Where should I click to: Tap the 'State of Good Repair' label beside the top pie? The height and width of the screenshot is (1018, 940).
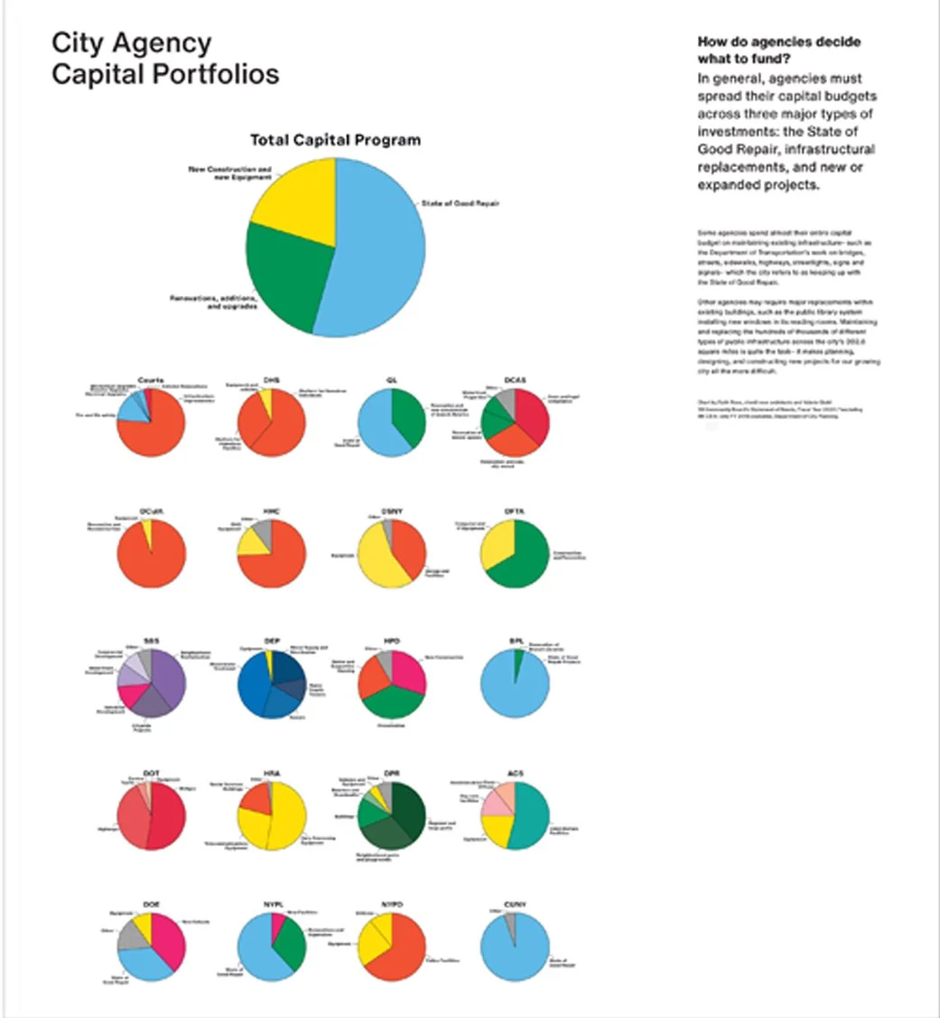tap(460, 204)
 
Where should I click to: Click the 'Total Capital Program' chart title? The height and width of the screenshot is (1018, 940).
tap(335, 141)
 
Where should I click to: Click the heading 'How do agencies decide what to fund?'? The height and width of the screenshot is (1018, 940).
tap(779, 51)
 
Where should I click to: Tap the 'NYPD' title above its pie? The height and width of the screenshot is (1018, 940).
tap(391, 904)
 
